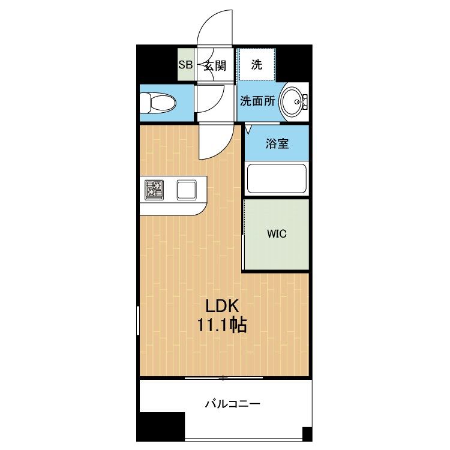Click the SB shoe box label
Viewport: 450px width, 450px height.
pos(185,65)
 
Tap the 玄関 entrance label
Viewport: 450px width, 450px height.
pos(215,66)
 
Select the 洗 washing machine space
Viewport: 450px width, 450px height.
pos(257,65)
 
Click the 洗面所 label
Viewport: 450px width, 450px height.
pos(257,101)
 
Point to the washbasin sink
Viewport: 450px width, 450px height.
pos(292,101)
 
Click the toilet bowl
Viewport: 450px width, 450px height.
pos(158,103)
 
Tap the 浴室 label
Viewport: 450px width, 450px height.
pos(277,143)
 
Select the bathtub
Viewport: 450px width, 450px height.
pos(277,179)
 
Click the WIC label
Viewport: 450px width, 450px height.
pos(277,234)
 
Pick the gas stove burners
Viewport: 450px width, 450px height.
pos(154,190)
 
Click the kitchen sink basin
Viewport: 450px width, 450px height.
pos(187,190)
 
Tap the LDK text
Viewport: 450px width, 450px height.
pos(222,306)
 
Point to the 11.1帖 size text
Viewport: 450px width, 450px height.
pos(221,325)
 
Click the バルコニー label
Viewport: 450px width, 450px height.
pos(232,404)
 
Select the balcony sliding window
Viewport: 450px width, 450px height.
pos(224,378)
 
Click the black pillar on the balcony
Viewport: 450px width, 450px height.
pos(160,426)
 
